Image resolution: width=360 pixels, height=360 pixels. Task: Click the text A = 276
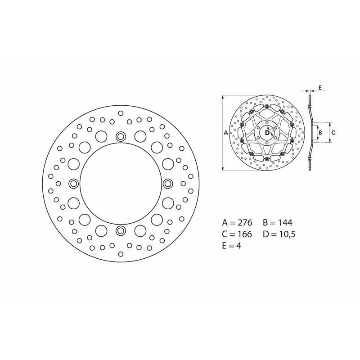pos(238,223)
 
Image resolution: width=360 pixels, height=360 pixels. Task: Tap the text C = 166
pos(238,234)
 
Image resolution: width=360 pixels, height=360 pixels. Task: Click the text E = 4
pos(232,246)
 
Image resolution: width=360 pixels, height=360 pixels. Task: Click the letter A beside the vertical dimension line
pos(225,133)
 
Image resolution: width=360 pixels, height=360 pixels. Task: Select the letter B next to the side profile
pos(319,133)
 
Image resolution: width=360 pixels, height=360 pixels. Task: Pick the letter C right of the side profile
pos(333,133)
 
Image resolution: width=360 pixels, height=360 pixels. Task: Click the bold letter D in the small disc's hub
pos(266,133)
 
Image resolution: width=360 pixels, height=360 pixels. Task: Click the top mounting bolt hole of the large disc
pos(120,136)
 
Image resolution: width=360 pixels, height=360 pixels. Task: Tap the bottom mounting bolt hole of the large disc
pos(120,231)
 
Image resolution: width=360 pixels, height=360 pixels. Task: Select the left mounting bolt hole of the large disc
pos(73,184)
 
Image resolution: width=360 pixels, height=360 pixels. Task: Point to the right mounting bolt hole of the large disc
pos(167,184)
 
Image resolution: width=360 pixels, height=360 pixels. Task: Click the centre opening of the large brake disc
pos(120,184)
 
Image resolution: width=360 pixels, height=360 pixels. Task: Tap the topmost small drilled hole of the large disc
pos(120,113)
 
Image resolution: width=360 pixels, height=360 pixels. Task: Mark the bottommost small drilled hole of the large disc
pos(120,254)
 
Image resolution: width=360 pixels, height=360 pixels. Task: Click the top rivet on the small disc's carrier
pos(267,107)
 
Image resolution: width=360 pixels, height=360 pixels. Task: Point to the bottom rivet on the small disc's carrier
pos(267,159)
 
